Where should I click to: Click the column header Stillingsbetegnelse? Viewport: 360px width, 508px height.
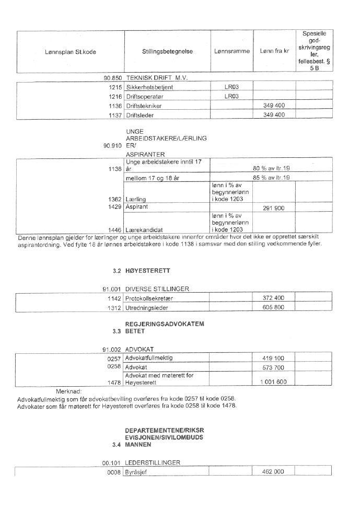point(167,52)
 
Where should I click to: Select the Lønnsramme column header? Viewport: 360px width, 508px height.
point(231,52)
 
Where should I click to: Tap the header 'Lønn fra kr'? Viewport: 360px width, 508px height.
point(274,52)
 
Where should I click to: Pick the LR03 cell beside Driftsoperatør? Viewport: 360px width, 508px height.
point(231,96)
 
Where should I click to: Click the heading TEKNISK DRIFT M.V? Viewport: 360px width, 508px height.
point(156,77)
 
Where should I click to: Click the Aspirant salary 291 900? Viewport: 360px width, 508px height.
point(274,207)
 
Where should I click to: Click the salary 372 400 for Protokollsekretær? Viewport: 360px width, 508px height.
point(274,297)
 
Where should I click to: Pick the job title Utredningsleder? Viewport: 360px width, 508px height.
point(146,307)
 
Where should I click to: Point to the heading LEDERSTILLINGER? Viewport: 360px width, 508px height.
point(155,463)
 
